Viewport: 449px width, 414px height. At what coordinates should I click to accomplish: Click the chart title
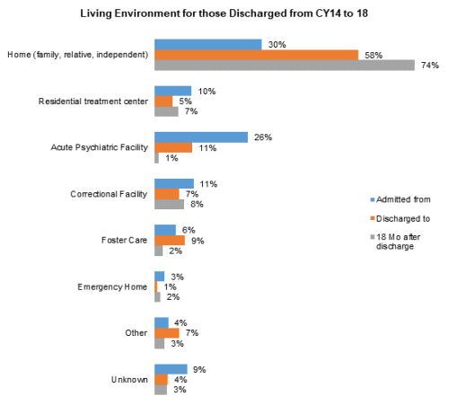point(224,13)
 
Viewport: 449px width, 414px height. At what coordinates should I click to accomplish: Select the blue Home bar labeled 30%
point(208,45)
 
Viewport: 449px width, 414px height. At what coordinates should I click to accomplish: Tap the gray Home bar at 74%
point(285,66)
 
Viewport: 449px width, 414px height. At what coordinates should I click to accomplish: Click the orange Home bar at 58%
point(257,55)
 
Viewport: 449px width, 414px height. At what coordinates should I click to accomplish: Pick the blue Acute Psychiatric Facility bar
point(201,137)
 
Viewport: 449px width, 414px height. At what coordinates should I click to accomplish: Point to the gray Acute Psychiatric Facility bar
point(157,158)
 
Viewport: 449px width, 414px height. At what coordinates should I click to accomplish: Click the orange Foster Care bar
point(170,241)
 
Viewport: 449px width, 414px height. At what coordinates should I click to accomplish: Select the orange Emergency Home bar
point(156,286)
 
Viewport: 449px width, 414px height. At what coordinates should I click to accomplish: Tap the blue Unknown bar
point(171,369)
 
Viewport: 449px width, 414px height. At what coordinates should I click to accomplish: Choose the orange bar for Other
point(167,333)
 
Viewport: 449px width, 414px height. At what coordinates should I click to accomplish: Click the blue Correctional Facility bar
point(174,184)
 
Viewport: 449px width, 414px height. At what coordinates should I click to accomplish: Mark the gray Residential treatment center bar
point(166,111)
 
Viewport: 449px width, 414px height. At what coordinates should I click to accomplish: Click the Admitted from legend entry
point(401,199)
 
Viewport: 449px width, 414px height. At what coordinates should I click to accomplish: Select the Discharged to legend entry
point(401,218)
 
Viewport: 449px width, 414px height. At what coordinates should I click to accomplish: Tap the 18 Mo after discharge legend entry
point(395,242)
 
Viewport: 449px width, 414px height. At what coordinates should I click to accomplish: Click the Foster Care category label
point(124,240)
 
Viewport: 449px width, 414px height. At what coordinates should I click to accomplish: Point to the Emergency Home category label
point(112,287)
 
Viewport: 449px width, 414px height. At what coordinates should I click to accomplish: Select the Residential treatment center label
point(93,101)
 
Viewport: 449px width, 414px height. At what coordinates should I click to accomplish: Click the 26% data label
point(263,137)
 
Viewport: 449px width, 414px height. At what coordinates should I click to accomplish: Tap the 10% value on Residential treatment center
point(207,92)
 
